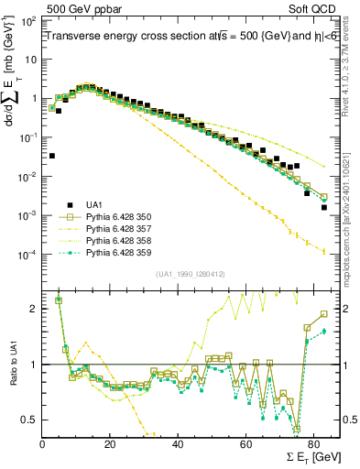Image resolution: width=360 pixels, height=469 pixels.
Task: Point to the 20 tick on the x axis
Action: pyautogui.click(x=110, y=446)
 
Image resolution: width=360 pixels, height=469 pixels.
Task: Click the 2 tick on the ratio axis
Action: pyautogui.click(x=34, y=309)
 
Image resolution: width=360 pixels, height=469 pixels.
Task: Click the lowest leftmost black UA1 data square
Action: pyautogui.click(x=51, y=156)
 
